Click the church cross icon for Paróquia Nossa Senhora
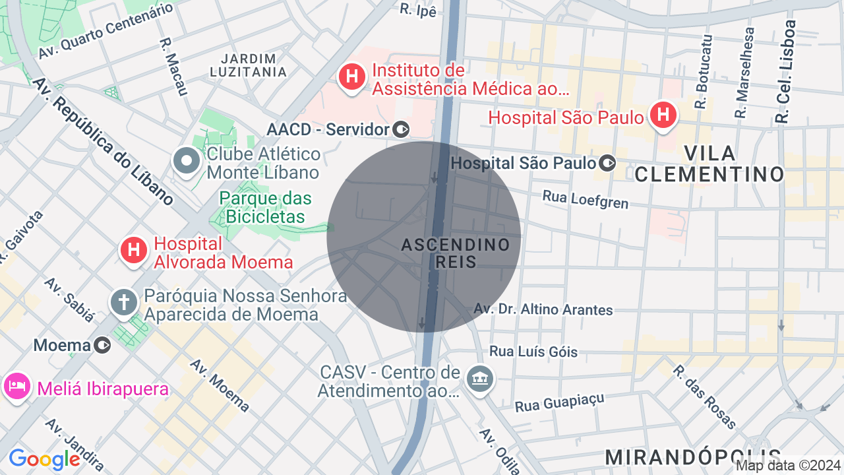tap(123, 303)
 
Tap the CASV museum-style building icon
tap(481, 379)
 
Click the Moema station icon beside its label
tap(102, 345)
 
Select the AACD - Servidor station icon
tap(401, 129)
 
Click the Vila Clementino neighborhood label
tap(709, 164)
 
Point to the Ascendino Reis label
tap(456, 253)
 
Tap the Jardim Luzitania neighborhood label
tap(249, 65)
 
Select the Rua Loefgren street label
tap(586, 199)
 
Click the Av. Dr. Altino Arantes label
tap(543, 309)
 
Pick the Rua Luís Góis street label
tap(533, 352)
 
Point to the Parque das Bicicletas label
tap(266, 207)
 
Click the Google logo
tap(44, 459)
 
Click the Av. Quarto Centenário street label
tap(105, 31)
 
